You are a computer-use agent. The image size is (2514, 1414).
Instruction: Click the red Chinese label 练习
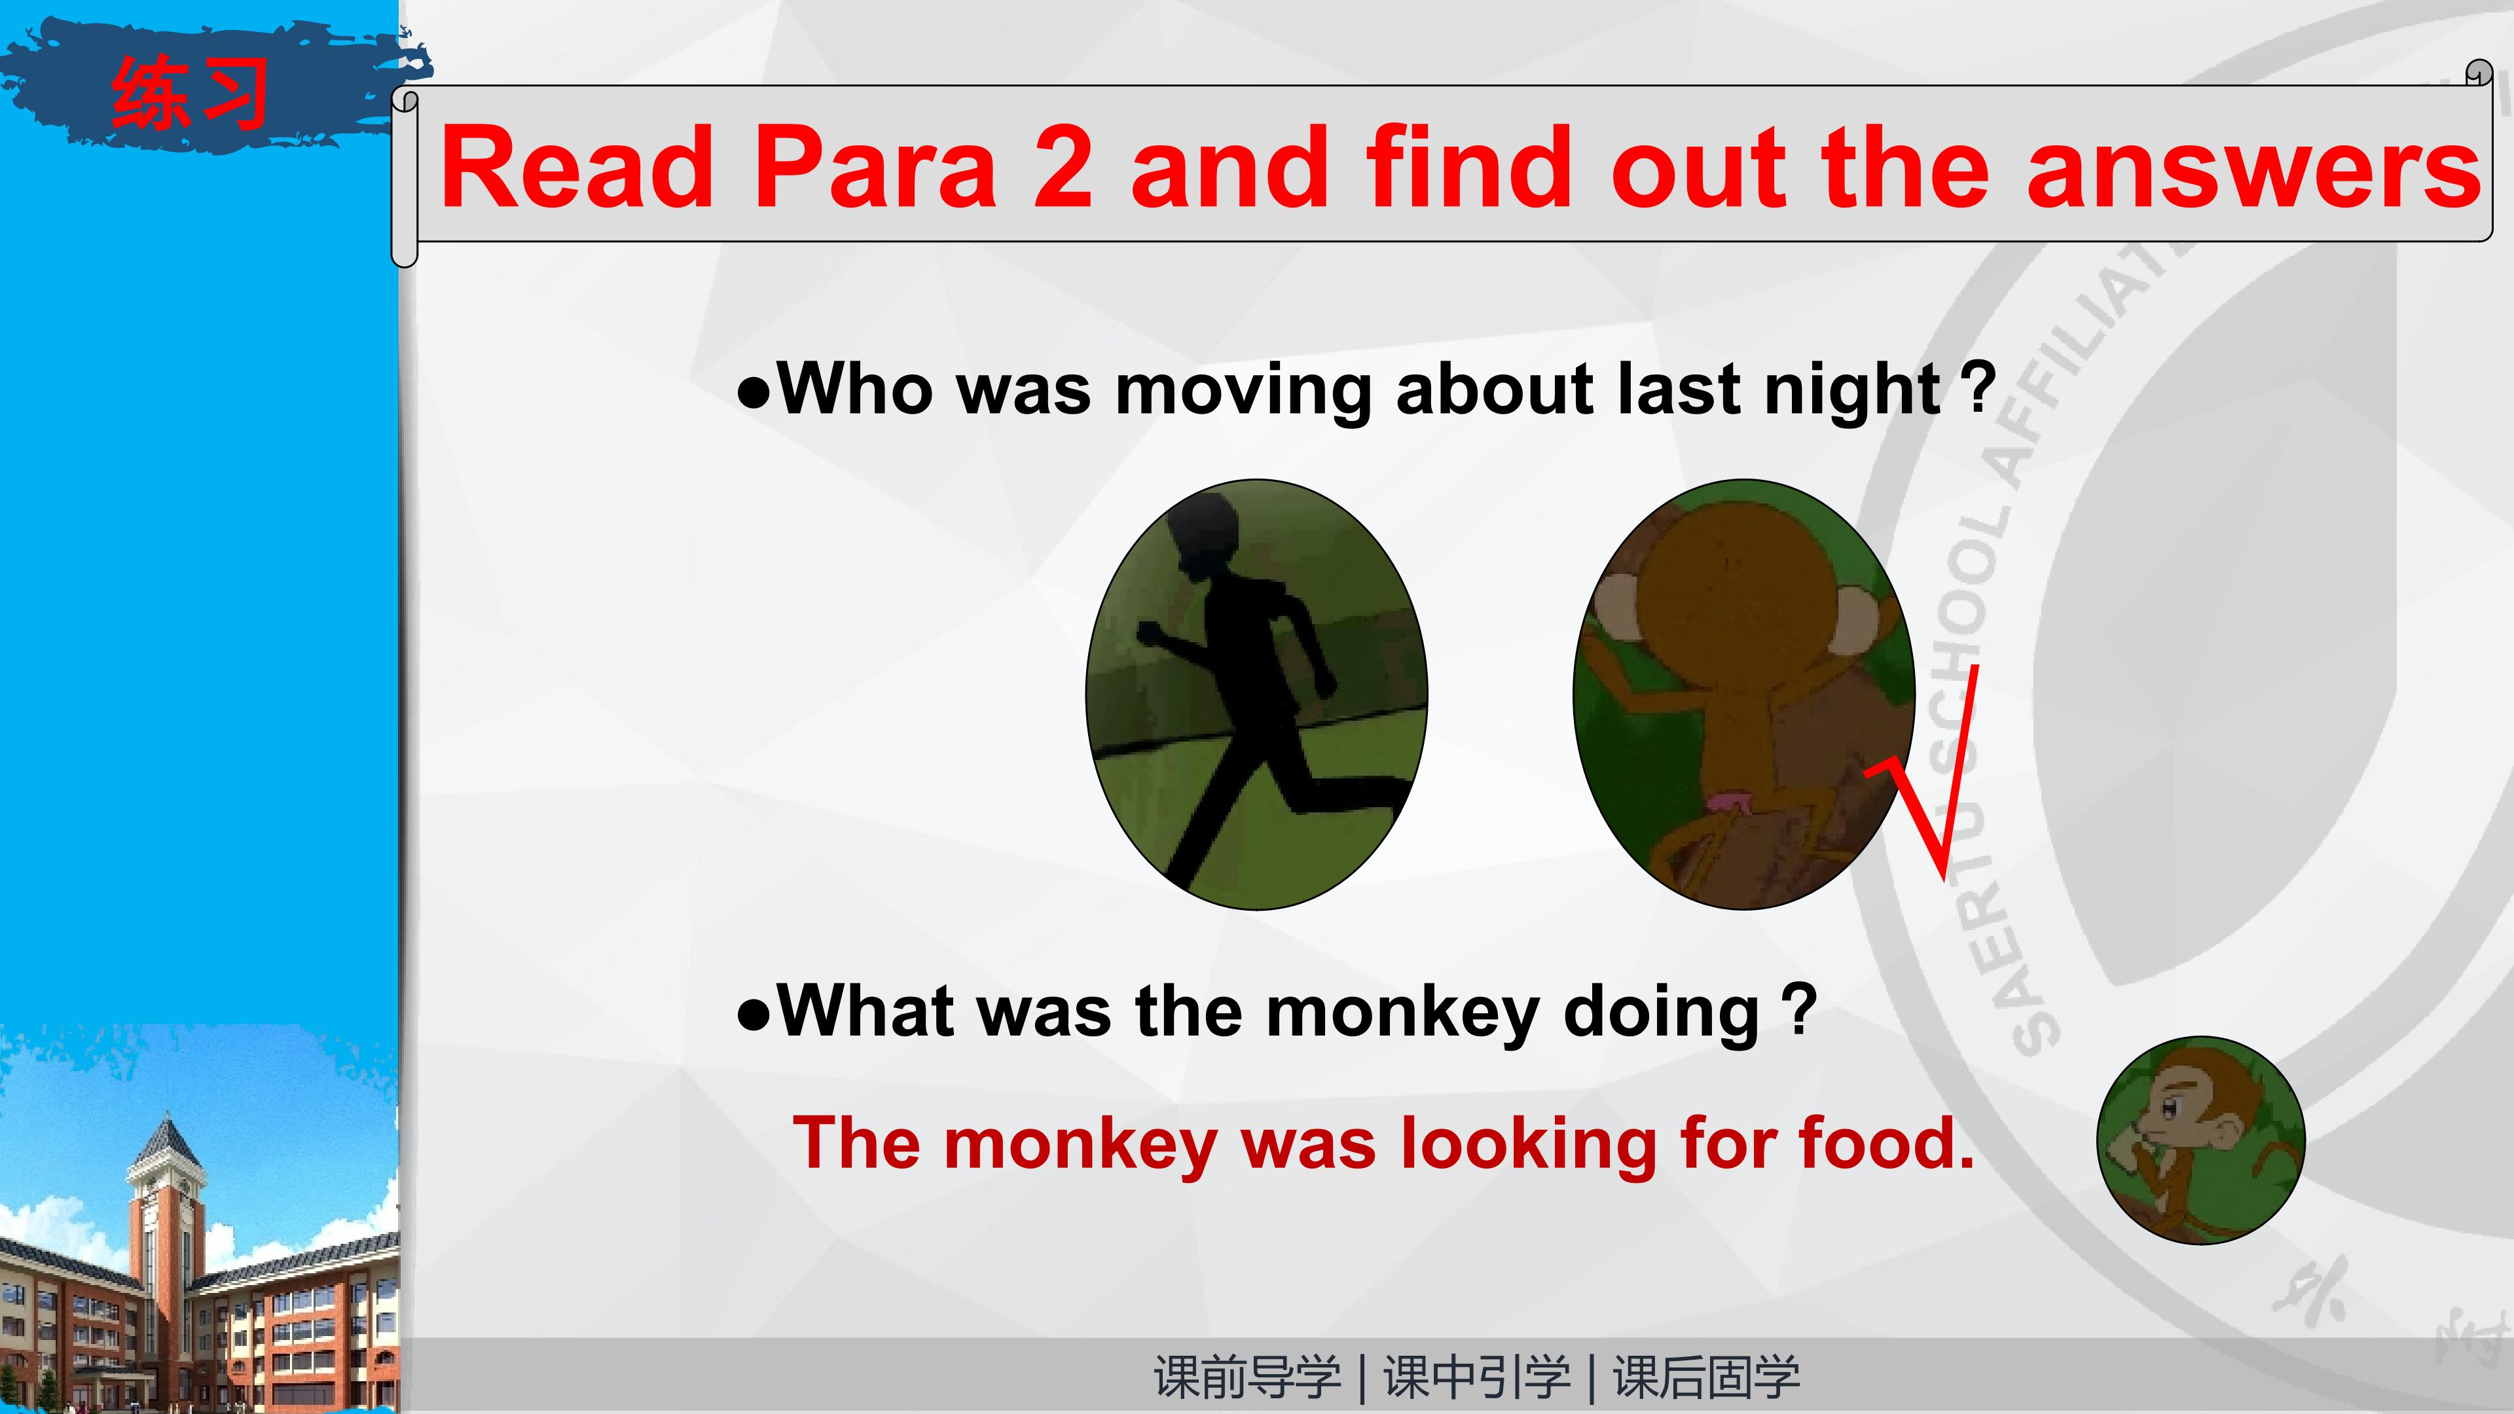pos(191,93)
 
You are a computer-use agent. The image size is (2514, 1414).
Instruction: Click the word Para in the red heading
pos(873,167)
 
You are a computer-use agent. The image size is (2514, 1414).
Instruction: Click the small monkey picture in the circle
pos(2200,1140)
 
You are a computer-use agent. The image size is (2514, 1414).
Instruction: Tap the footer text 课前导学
pos(1247,1377)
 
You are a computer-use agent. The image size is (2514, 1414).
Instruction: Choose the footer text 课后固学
pos(1706,1377)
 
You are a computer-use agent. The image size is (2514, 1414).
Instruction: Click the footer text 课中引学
pos(1476,1377)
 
